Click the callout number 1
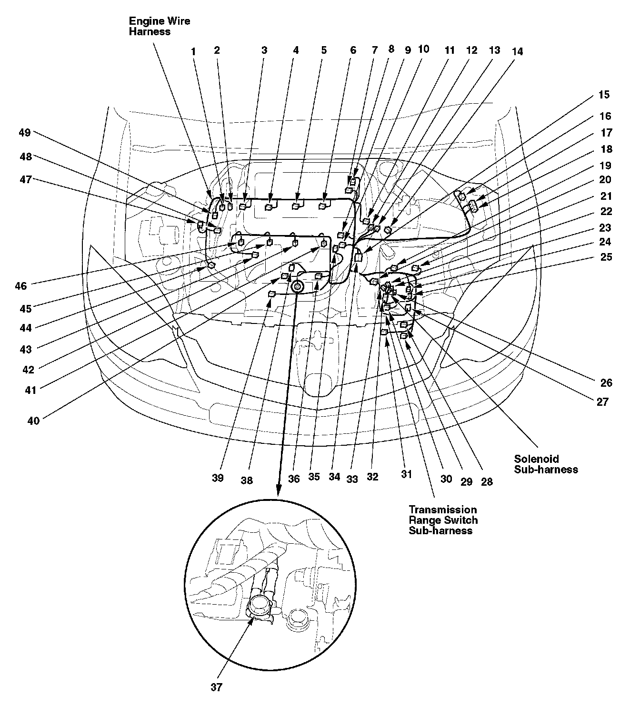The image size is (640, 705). (193, 51)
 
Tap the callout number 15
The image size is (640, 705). (603, 95)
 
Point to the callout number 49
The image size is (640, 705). (25, 133)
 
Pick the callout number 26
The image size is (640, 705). (606, 383)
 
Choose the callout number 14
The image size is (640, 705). (517, 51)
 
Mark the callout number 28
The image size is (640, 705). (487, 482)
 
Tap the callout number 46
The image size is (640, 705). (20, 286)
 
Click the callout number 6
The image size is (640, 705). (353, 50)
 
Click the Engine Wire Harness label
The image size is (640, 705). (159, 27)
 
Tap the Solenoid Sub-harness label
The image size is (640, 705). (546, 464)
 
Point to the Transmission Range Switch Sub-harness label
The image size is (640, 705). (443, 520)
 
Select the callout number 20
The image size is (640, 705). (605, 179)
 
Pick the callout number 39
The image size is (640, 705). (218, 478)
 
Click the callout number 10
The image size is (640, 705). (423, 49)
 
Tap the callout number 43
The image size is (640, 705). (25, 349)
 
